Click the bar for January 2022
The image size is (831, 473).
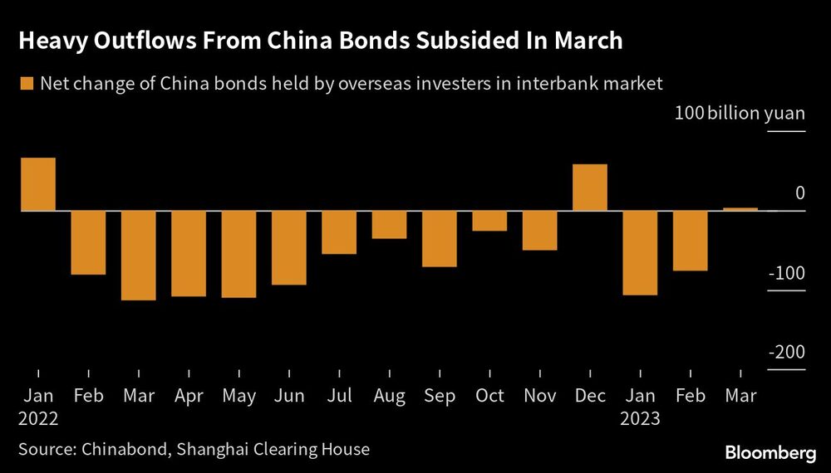click(38, 184)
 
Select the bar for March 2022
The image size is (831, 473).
click(139, 256)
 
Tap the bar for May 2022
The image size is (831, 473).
click(238, 254)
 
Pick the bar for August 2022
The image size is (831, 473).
click(389, 225)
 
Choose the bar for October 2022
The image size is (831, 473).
click(489, 221)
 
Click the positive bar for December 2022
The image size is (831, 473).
click(590, 188)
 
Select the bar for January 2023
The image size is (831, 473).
click(640, 253)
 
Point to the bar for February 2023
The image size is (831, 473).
click(691, 241)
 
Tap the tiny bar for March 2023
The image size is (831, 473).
click(740, 209)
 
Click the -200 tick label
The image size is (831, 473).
click(787, 353)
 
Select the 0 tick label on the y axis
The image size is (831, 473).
click(799, 193)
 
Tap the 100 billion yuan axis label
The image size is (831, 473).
click(740, 113)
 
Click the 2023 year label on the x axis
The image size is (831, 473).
click(640, 418)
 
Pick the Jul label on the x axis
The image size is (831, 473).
click(339, 396)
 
